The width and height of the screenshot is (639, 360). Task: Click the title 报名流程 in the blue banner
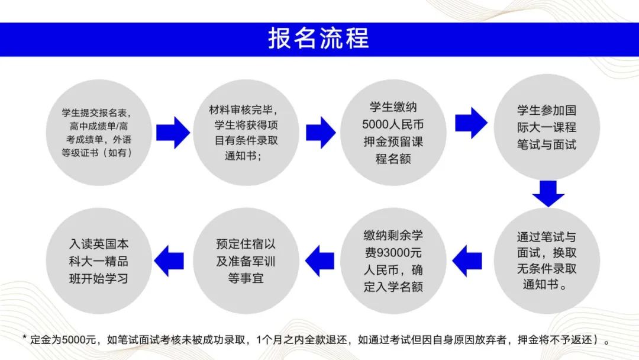[318, 38]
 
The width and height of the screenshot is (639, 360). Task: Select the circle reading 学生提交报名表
[99, 133]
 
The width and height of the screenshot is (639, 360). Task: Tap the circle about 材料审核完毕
[246, 133]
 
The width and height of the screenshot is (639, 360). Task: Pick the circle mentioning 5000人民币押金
[393, 133]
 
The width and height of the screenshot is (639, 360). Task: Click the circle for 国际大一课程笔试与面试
[547, 127]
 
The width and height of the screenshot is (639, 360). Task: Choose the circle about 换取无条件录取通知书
[547, 261]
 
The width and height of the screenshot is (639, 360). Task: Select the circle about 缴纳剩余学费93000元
[393, 261]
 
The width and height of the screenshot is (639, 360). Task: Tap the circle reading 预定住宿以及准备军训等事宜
[246, 261]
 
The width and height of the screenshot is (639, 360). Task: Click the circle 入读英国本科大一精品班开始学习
[99, 261]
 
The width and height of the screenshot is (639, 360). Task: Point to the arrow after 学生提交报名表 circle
[173, 133]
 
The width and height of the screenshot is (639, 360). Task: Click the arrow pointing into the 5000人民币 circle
[321, 133]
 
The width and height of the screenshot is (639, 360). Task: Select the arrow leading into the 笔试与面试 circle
[471, 123]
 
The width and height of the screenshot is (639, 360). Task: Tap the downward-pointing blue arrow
[548, 194]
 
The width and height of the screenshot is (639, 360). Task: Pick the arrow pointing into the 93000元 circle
[467, 261]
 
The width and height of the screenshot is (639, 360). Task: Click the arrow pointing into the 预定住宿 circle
[319, 261]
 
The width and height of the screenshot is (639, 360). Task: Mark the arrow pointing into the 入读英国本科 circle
[169, 261]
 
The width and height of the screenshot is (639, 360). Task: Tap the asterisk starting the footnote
[24, 337]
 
